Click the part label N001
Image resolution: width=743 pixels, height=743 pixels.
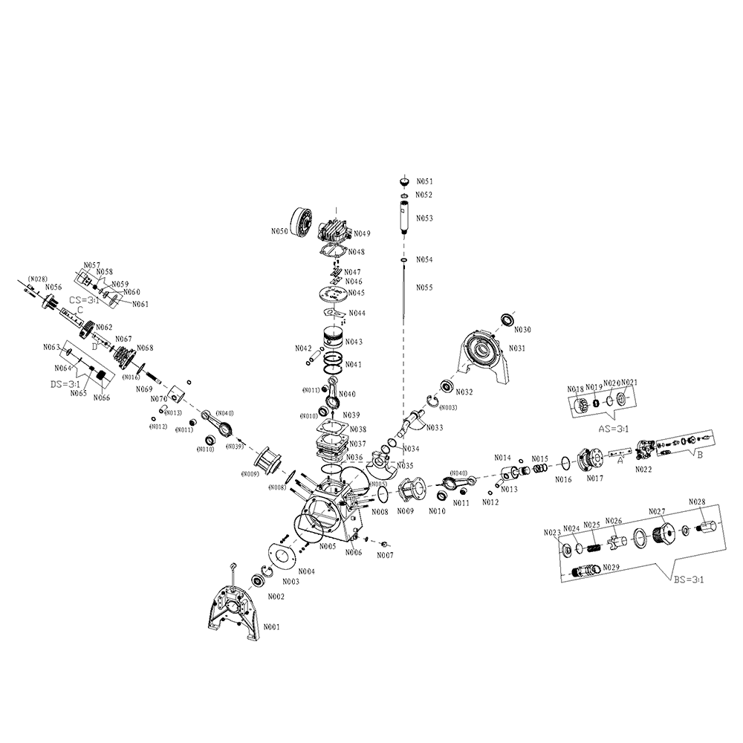click(271, 627)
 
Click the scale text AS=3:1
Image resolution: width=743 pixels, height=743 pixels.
click(614, 429)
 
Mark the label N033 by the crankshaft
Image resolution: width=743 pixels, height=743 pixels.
click(435, 427)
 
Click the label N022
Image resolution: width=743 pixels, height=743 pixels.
click(643, 470)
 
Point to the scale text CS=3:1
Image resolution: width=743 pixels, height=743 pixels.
click(85, 300)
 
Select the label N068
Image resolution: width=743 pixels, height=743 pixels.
click(145, 348)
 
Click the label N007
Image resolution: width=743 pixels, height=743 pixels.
click(385, 554)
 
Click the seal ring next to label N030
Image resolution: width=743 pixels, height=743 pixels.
click(508, 319)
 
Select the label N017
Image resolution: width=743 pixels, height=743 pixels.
click(594, 478)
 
